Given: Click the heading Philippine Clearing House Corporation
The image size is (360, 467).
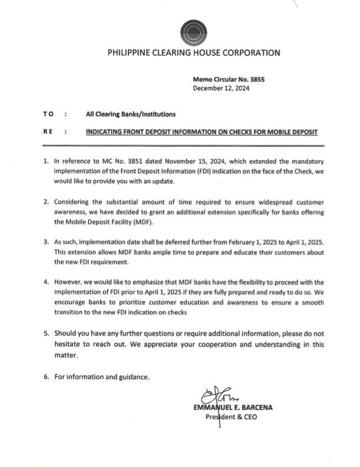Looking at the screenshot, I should [194, 53].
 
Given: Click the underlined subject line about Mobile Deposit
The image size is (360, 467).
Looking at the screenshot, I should [202, 133].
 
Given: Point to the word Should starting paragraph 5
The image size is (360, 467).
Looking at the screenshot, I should [68, 334].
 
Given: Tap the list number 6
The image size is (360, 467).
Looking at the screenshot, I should [46, 377].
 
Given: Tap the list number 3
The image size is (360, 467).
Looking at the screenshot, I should [46, 243].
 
